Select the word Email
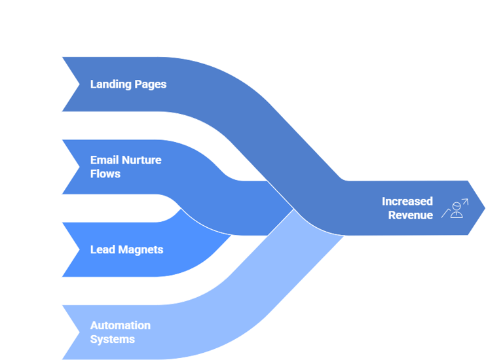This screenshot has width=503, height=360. coord(104,160)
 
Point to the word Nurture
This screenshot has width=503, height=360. coord(141,160)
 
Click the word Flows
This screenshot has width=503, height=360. coord(105,174)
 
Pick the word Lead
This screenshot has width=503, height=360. coord(102,249)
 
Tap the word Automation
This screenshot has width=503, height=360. coord(121,325)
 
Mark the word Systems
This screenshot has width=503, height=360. coord(113,339)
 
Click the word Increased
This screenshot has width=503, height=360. coord(407,201)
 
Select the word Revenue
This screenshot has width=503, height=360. coord(411,215)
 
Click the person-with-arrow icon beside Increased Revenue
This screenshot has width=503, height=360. coord(455,208)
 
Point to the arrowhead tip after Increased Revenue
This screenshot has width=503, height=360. coord(483,208)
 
